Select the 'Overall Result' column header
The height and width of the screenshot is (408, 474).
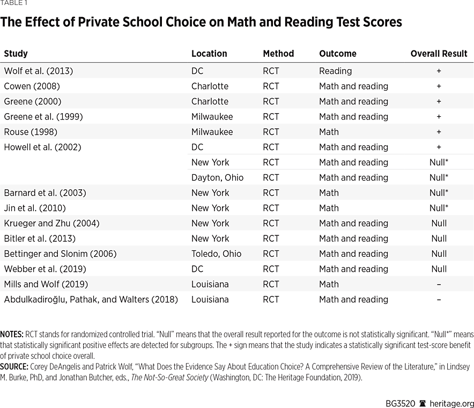[x=439, y=54]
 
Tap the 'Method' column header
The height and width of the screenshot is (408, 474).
[x=278, y=54]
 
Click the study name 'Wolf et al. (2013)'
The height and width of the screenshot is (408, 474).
[x=38, y=71]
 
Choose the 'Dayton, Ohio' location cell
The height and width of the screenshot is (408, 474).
[x=217, y=177]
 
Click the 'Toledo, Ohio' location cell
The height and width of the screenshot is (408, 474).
[x=216, y=254]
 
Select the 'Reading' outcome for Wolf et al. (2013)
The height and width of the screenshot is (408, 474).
[x=335, y=71]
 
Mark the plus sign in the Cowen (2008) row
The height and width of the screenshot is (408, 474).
[x=439, y=86]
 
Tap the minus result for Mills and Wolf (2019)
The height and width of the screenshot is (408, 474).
[x=439, y=285]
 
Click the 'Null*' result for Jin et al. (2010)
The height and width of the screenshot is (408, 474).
[x=439, y=208]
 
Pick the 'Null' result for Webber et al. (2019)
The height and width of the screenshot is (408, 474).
[x=439, y=269]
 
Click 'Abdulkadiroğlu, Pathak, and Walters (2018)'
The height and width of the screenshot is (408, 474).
[x=91, y=300]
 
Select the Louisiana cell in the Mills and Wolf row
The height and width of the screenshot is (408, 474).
[x=210, y=284]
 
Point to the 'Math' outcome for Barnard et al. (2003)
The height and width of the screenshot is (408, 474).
[x=329, y=193]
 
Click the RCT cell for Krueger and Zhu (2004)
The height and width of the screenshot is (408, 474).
[x=271, y=224]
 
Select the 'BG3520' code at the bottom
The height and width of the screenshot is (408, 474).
[x=400, y=397]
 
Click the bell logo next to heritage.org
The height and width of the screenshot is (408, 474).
[x=423, y=397]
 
